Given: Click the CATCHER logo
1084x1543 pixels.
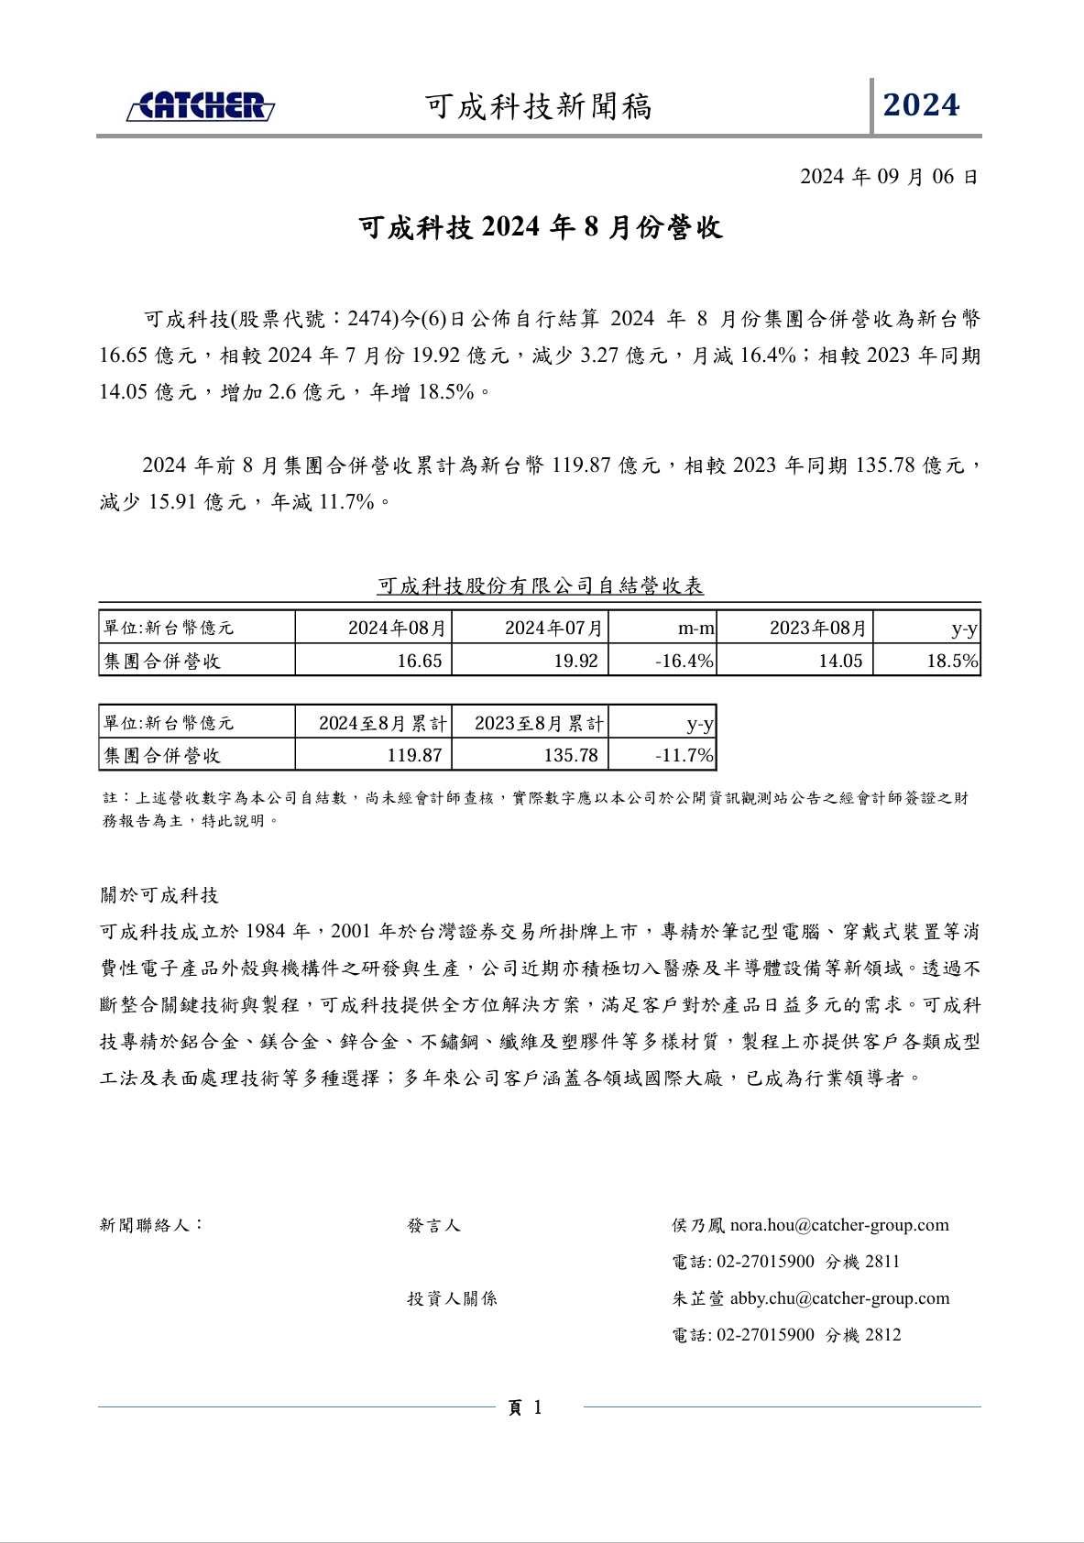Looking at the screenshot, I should coord(201,106).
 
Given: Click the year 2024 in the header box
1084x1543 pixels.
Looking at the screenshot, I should coord(921,105).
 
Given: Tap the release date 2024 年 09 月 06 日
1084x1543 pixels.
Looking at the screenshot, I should coord(889,177).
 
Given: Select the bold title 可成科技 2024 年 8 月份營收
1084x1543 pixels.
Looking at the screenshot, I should coord(541,227).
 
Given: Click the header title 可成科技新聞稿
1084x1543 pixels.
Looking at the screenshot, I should coord(539,107).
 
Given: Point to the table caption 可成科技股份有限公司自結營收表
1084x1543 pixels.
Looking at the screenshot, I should coord(541,585).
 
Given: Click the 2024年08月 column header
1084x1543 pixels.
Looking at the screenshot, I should coord(397,629).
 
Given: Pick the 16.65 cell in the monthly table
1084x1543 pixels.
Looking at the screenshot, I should coord(420,661).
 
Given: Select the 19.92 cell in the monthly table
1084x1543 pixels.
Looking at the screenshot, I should coord(575,661).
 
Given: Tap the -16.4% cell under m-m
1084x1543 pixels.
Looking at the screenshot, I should coord(684,661).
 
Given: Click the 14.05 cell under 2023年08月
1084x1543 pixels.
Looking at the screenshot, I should coord(840,661).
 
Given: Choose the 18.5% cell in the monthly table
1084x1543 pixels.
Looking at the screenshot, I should coord(951,661).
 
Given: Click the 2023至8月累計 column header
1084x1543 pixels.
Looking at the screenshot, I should coord(539,723).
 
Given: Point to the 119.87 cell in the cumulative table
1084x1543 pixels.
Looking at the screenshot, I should coord(414,755).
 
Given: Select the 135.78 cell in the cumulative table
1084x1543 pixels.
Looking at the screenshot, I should coord(571,755).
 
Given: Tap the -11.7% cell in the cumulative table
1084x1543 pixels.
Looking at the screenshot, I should coord(684,755).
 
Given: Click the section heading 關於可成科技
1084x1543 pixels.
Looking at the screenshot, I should coord(159,895).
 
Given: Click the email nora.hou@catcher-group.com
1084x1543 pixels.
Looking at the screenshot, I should coord(839,1225).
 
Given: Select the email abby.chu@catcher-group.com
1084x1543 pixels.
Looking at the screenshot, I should coord(839,1298).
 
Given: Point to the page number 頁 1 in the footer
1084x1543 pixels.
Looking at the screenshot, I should coord(525,1407).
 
